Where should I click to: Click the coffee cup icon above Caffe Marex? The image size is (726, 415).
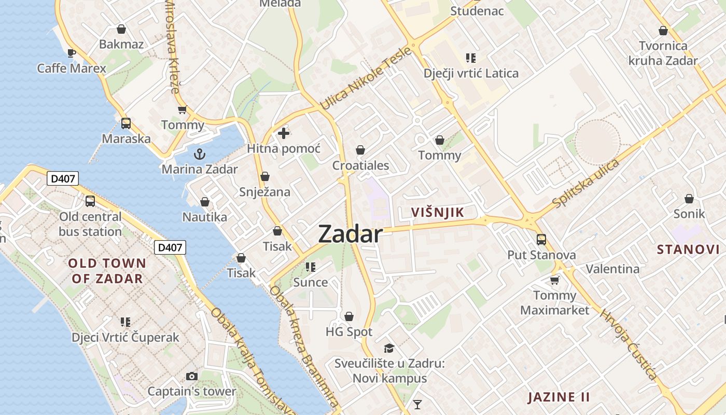click(x=72, y=53)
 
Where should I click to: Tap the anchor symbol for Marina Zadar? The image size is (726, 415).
click(x=199, y=154)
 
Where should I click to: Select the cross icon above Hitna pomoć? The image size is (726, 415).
click(x=283, y=133)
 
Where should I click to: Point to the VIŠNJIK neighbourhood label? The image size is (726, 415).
click(x=437, y=212)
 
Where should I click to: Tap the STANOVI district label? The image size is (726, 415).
click(x=688, y=250)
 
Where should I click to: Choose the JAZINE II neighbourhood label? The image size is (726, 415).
click(x=559, y=397)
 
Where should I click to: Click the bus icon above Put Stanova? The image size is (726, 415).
click(x=541, y=240)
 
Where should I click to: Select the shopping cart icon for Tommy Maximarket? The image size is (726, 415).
click(x=554, y=280)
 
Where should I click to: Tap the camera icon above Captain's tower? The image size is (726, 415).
click(x=192, y=376)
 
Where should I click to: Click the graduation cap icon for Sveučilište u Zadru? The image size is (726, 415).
click(x=389, y=348)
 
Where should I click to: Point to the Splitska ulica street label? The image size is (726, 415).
click(x=585, y=184)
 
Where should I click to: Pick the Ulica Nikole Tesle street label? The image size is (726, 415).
click(x=366, y=78)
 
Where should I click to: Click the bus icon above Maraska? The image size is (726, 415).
click(x=126, y=123)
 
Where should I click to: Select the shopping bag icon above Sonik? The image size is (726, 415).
click(x=689, y=199)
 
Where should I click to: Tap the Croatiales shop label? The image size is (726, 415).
click(x=360, y=166)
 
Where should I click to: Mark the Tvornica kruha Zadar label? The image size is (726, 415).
click(x=663, y=53)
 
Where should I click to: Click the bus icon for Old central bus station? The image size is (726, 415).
click(x=90, y=201)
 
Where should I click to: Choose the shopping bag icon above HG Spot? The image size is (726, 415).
click(x=349, y=316)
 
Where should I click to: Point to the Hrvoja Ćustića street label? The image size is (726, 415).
click(x=629, y=344)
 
